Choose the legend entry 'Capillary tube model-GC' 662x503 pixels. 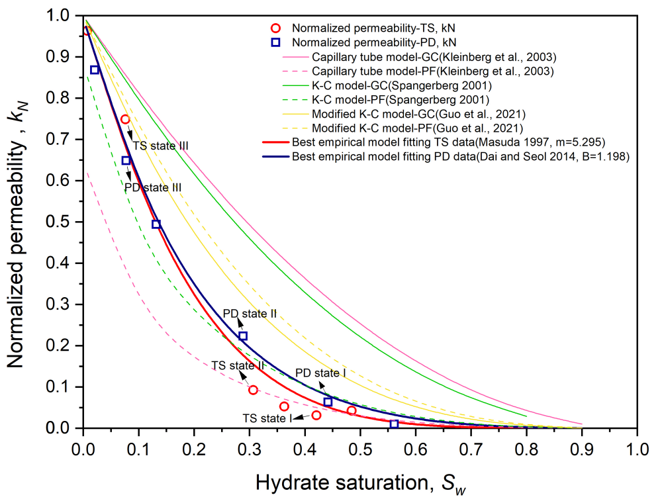click(x=434, y=57)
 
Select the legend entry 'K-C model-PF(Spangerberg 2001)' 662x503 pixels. click(x=401, y=100)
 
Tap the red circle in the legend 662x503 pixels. click(x=277, y=28)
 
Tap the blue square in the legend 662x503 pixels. click(x=277, y=42)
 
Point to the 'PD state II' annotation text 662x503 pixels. click(x=249, y=313)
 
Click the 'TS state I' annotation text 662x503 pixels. click(x=267, y=418)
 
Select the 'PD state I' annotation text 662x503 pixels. click(x=320, y=374)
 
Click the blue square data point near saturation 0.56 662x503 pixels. click(x=395, y=424)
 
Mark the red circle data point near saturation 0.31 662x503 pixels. click(x=253, y=390)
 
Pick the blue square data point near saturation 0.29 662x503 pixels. click(x=243, y=336)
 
